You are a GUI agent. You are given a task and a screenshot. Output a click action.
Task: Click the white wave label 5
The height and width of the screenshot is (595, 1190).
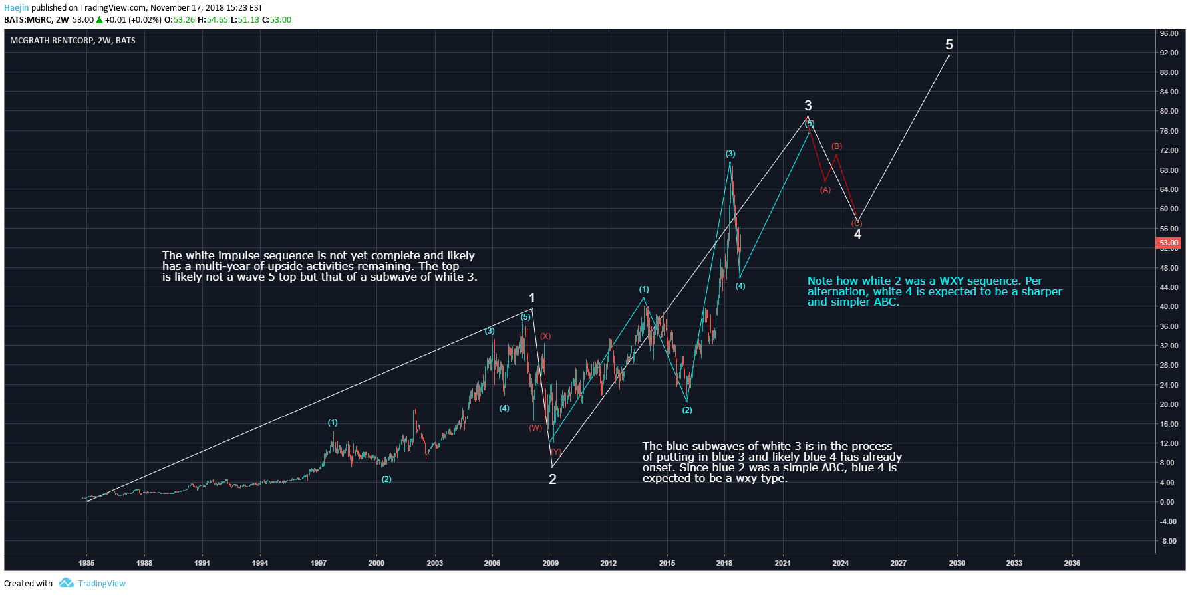tap(949, 45)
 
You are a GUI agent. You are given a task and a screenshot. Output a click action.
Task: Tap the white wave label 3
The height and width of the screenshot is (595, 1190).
tap(808, 106)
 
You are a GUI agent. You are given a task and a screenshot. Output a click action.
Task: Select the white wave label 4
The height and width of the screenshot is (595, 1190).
tap(857, 234)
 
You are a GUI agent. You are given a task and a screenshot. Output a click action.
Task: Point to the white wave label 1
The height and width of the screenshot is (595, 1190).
tap(532, 298)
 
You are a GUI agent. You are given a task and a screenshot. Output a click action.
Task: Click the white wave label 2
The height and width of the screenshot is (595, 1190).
tap(553, 479)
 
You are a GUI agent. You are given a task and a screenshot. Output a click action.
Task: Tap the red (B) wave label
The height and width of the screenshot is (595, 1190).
tap(837, 146)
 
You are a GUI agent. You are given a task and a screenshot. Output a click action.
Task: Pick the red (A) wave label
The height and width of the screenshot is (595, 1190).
tap(825, 190)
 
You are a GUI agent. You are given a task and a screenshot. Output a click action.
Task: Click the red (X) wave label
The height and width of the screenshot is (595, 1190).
tap(545, 336)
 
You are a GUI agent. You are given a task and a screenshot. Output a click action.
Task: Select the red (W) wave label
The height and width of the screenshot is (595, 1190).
tap(535, 427)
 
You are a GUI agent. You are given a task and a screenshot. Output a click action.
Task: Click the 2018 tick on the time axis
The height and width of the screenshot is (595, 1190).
tap(724, 563)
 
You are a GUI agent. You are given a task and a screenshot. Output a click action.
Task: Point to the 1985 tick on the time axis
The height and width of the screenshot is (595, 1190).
tap(86, 563)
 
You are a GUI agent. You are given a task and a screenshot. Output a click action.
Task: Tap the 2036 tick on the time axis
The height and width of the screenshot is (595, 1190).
tap(1072, 563)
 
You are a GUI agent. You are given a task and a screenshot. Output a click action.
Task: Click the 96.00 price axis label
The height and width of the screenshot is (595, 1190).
tap(1169, 33)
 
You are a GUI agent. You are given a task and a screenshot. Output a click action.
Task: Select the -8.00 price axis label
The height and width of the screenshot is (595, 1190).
tap(1168, 541)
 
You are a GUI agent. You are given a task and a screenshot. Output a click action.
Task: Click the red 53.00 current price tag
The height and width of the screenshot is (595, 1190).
tap(1169, 243)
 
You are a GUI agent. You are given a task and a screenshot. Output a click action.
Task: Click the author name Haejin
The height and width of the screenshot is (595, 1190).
tap(17, 8)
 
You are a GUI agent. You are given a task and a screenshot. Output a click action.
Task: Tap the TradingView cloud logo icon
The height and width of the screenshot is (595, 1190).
tap(66, 583)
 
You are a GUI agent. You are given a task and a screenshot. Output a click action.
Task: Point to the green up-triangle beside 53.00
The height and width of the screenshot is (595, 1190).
tap(100, 20)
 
